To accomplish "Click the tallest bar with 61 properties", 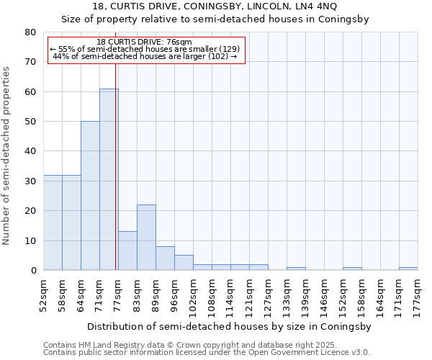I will point(109,179).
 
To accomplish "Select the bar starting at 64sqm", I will point(90,196).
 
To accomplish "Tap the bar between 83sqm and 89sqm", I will point(146,238).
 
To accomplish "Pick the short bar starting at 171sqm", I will point(408,269).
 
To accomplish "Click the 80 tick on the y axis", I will point(30,32).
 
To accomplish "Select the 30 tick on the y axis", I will point(30,181).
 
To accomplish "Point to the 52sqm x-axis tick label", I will point(44,293).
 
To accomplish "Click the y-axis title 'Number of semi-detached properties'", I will point(6,156).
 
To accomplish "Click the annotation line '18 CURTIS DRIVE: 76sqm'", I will point(144,42).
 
